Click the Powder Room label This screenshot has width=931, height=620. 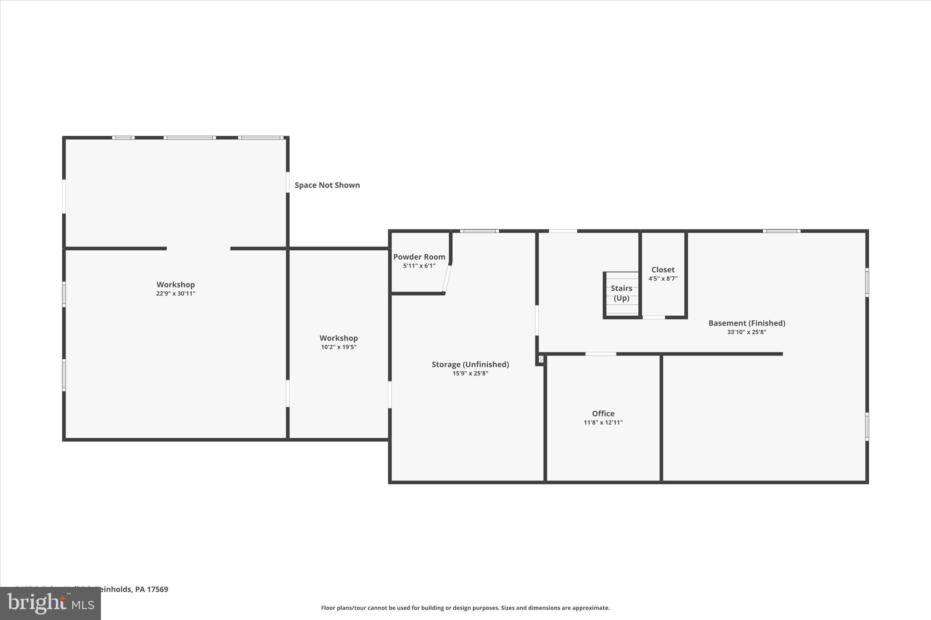[x=419, y=257]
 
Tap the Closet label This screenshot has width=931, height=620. [x=663, y=269]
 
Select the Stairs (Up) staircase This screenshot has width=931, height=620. [x=621, y=294]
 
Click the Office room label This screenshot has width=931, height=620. [x=603, y=413]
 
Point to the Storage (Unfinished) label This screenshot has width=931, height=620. [x=470, y=364]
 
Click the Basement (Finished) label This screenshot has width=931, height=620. [x=746, y=323]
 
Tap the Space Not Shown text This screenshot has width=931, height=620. [x=327, y=185]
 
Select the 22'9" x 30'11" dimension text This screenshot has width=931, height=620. [x=175, y=294]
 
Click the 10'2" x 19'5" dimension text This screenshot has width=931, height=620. [x=339, y=347]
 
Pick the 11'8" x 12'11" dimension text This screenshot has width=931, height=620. [x=603, y=422]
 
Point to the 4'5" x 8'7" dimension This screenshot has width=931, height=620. [x=663, y=278]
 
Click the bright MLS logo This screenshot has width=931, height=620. [x=50, y=603]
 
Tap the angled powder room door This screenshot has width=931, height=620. [x=447, y=278]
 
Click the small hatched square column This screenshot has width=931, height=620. [x=541, y=359]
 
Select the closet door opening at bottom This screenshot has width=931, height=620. [x=653, y=317]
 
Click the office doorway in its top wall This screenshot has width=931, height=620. [x=601, y=354]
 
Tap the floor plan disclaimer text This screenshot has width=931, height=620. [x=465, y=608]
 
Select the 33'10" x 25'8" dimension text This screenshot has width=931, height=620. [x=746, y=332]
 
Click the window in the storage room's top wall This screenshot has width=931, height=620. [x=479, y=231]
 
